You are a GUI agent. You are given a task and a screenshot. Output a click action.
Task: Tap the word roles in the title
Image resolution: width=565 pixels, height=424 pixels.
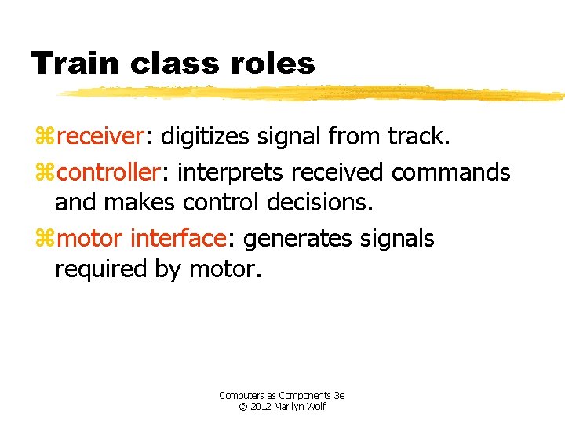pos(274,63)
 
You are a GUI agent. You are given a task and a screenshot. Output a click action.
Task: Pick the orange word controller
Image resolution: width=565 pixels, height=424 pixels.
pos(111,171)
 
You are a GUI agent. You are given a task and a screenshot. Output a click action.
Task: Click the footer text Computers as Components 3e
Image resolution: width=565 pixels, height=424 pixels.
pos(282,396)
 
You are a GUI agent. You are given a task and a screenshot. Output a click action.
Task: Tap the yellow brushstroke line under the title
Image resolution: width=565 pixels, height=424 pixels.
pos(314,93)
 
